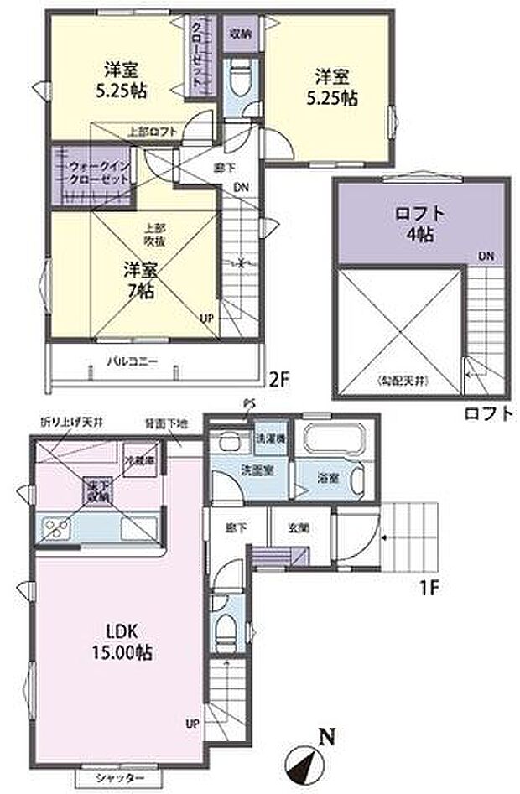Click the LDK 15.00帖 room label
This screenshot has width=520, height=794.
[123, 641]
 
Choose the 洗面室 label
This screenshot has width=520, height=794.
[253, 468]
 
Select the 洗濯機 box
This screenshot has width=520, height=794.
[269, 438]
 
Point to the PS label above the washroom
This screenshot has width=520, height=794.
[248, 404]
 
